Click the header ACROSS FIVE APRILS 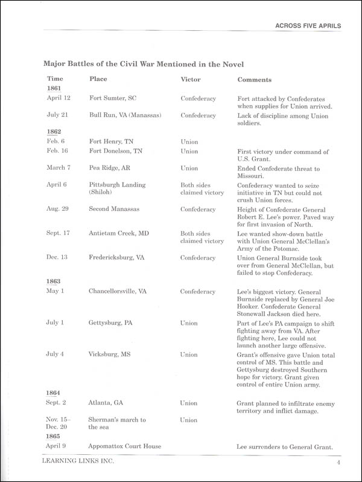click(308, 26)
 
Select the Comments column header click(254, 80)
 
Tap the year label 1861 click(54, 89)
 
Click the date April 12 click(59, 98)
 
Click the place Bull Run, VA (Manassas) click(125, 115)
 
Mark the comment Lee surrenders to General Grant click(285, 446)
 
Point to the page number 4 click(340, 464)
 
